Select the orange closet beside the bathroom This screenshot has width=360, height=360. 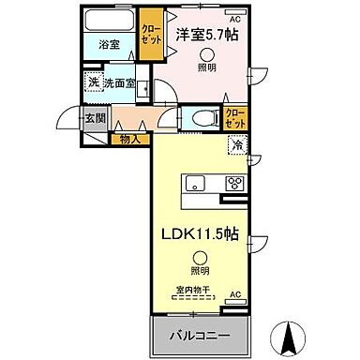coord(149,34)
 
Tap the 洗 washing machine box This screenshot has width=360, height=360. coord(92,82)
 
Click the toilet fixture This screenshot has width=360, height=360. coord(202,117)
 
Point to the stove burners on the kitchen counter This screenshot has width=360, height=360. coord(232,183)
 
